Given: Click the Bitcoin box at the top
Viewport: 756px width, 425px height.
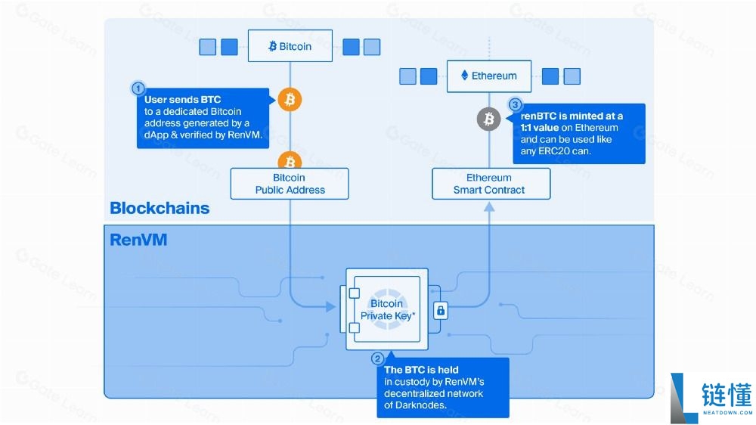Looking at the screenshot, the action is point(290,46).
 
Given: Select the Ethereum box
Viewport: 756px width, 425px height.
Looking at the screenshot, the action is point(489,76).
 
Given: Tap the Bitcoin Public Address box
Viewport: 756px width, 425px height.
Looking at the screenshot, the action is point(290,183).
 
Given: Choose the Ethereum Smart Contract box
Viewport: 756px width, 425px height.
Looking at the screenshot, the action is point(491,183).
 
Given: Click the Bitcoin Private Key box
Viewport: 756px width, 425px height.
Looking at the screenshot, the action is point(386,309).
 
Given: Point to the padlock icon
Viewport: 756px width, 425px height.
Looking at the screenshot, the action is point(440,311).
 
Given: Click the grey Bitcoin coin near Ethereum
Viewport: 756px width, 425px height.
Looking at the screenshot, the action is point(488,119).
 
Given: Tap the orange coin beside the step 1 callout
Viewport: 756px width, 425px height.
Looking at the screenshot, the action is point(290,99).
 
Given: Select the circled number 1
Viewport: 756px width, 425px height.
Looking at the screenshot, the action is point(138,88).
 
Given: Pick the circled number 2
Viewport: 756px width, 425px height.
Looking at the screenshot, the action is point(377,358).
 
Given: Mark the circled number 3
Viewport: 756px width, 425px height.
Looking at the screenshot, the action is point(515,104).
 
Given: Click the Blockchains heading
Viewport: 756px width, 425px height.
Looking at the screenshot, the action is point(160,208).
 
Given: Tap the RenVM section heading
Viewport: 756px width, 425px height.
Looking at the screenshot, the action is point(138,240).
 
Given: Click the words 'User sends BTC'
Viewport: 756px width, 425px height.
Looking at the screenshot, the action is point(182,99).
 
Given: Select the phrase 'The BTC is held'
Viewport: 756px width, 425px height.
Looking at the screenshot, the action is point(421,370).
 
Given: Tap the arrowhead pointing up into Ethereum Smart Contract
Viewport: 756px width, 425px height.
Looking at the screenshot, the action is point(489,207).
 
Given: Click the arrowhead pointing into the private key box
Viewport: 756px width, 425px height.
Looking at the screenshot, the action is point(331,306).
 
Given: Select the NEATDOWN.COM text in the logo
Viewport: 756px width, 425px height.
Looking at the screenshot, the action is point(727,413).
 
